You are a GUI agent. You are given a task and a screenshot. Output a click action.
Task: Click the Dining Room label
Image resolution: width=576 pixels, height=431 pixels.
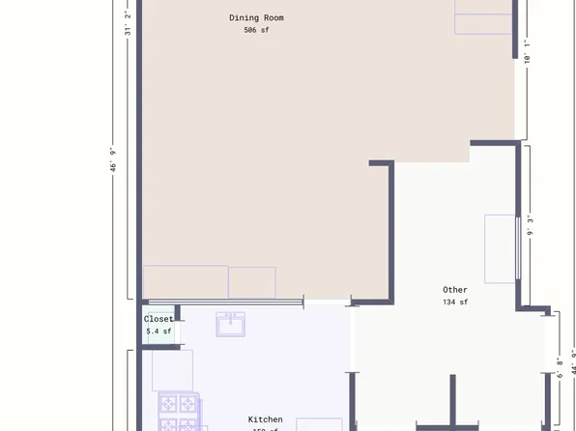[256, 17]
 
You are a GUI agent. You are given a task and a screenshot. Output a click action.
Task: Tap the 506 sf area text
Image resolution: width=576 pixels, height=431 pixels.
[256, 30]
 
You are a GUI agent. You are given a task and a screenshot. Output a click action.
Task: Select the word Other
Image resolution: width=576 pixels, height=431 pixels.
[454, 290]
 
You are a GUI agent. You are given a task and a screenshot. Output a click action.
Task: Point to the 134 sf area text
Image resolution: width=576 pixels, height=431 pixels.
[454, 302]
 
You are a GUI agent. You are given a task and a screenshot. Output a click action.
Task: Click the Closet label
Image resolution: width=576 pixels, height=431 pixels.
[158, 319]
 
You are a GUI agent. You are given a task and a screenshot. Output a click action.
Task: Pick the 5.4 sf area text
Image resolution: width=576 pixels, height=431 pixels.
[158, 331]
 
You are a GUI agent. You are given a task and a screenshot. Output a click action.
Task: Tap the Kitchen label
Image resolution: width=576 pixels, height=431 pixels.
[265, 419]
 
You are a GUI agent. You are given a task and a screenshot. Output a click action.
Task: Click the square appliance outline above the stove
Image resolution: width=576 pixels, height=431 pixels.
[172, 370]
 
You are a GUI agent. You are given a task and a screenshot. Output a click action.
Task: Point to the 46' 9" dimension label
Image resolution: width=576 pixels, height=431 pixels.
[113, 159]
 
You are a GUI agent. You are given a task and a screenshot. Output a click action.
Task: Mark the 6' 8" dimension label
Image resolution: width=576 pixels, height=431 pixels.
[560, 368]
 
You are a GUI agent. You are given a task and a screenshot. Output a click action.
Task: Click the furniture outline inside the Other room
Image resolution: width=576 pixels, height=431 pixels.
[500, 248]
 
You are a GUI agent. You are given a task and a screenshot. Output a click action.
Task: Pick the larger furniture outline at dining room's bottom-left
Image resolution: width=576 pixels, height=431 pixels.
[186, 282]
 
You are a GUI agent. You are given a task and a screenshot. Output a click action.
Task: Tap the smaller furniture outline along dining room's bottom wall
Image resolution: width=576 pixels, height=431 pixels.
[252, 282]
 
